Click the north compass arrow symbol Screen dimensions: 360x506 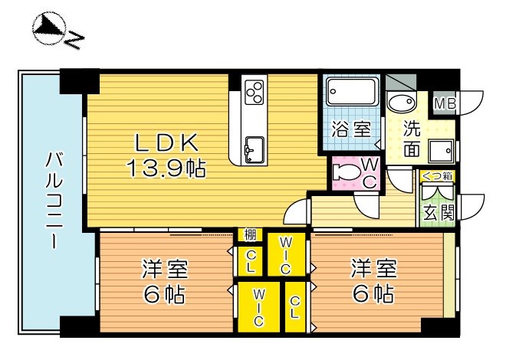tap(48, 29)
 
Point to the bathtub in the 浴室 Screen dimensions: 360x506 tap(352, 93)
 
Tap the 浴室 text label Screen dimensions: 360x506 tap(352, 129)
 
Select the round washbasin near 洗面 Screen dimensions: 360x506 tap(399, 102)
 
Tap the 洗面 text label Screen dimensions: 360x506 tap(412, 139)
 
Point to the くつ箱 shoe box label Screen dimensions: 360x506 tap(438, 176)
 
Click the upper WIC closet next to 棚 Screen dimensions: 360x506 tap(285, 256)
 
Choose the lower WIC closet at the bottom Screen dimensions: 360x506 tap(259, 306)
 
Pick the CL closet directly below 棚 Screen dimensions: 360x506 tap(251, 260)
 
